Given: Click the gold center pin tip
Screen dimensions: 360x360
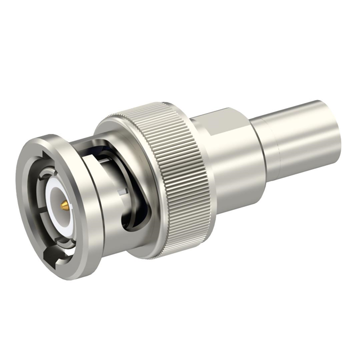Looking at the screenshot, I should coord(65,206).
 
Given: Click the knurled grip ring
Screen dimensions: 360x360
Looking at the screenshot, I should coord(169,169).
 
